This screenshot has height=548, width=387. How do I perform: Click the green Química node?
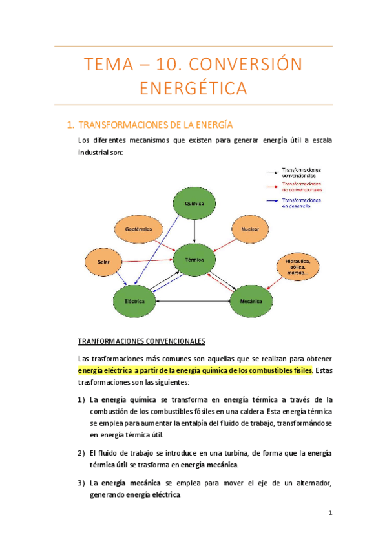pos(194,203)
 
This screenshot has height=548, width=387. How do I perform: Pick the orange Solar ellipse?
pos(104,262)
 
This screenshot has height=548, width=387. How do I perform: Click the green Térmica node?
pos(194,260)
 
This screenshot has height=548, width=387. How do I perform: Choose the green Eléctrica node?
pos(134,301)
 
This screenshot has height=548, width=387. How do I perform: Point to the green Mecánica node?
pos(253,301)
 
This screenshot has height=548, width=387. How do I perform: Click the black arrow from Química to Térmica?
pos(194,231)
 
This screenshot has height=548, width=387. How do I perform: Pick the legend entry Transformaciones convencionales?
pos(301,173)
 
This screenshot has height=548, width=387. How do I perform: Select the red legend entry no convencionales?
pos(301,187)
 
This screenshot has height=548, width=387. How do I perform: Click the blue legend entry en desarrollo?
pos(301,203)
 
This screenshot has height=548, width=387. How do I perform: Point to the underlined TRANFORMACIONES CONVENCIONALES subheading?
pos(141,341)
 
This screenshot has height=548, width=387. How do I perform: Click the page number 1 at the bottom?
pos(329,514)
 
